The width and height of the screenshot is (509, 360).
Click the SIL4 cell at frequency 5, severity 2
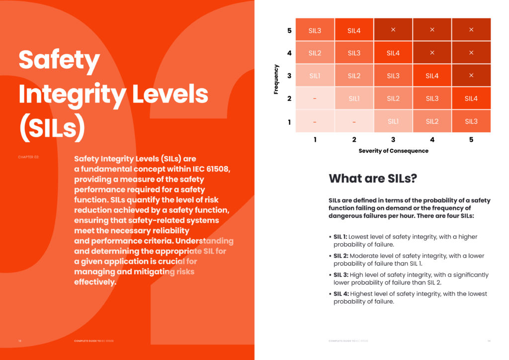click(354, 30)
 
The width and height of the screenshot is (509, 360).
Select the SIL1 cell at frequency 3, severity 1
click(315, 76)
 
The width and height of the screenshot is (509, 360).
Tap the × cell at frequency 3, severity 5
click(471, 76)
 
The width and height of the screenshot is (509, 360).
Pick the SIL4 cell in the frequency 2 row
click(471, 98)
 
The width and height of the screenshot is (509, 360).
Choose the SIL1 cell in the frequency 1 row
click(393, 121)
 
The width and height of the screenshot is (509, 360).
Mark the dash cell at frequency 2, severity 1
click(315, 98)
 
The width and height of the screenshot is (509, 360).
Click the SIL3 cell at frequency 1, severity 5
click(471, 121)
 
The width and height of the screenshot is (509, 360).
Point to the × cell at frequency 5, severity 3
click(393, 30)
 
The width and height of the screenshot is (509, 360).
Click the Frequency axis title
click(276, 79)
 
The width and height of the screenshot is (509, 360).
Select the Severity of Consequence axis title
click(393, 151)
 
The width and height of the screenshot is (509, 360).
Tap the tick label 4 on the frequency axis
click(289, 53)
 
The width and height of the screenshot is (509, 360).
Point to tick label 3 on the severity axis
click(393, 140)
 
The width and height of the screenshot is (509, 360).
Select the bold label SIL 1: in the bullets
click(340, 237)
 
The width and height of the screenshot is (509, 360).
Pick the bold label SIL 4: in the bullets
click(341, 294)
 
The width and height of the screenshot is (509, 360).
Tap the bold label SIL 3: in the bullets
click(341, 275)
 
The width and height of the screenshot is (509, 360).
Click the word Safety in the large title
click(59, 61)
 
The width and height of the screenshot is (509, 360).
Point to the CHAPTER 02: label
click(28, 157)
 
